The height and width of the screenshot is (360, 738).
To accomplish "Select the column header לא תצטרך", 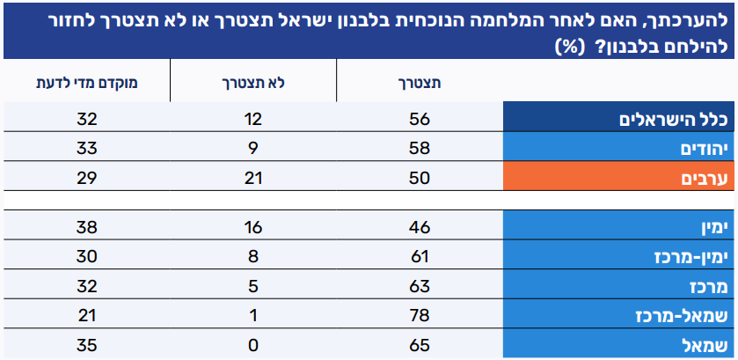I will tap(252, 84).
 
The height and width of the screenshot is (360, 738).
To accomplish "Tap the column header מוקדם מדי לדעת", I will tap(87, 84).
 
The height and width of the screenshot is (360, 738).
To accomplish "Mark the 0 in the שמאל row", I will tap(252, 345).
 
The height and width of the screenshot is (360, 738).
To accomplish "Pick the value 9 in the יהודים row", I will tap(252, 150).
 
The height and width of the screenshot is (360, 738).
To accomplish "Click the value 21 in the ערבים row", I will tap(252, 179).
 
